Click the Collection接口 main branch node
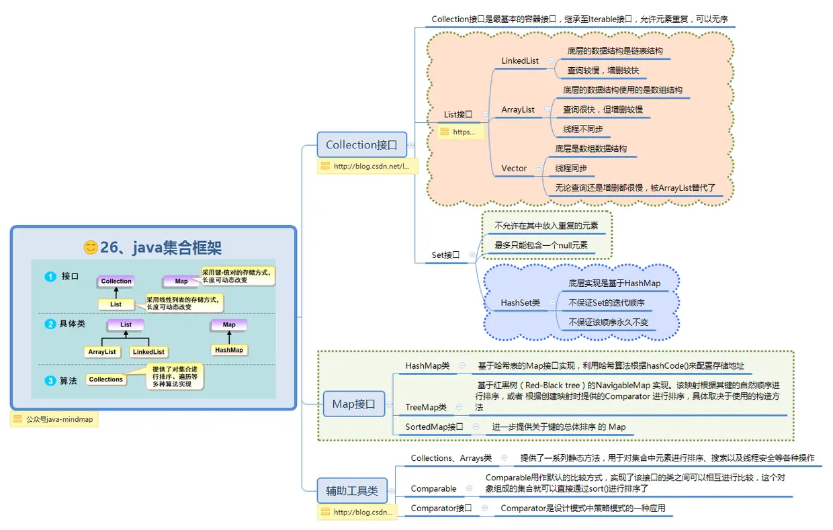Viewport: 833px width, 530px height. click(361, 145)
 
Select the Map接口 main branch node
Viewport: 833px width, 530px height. click(353, 404)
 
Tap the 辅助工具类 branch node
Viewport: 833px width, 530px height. click(357, 491)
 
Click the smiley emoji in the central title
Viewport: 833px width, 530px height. click(90, 247)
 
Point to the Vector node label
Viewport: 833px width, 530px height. click(514, 168)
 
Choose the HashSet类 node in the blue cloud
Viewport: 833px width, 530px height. click(520, 303)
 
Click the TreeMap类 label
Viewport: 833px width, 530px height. click(426, 407)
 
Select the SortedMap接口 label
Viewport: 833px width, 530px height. click(434, 427)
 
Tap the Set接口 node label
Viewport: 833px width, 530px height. click(445, 255)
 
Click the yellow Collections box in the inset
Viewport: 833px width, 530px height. click(106, 380)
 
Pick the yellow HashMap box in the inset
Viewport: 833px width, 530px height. click(229, 350)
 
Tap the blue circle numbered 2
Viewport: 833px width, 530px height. click(50, 324)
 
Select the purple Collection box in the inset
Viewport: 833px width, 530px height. click(116, 281)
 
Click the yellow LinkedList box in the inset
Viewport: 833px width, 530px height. click(148, 351)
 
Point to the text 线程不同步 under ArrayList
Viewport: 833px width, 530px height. click(583, 129)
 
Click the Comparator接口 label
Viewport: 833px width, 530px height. click(441, 509)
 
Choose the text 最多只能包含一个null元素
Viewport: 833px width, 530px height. click(541, 245)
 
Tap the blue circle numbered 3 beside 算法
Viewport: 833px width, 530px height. click(50, 381)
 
